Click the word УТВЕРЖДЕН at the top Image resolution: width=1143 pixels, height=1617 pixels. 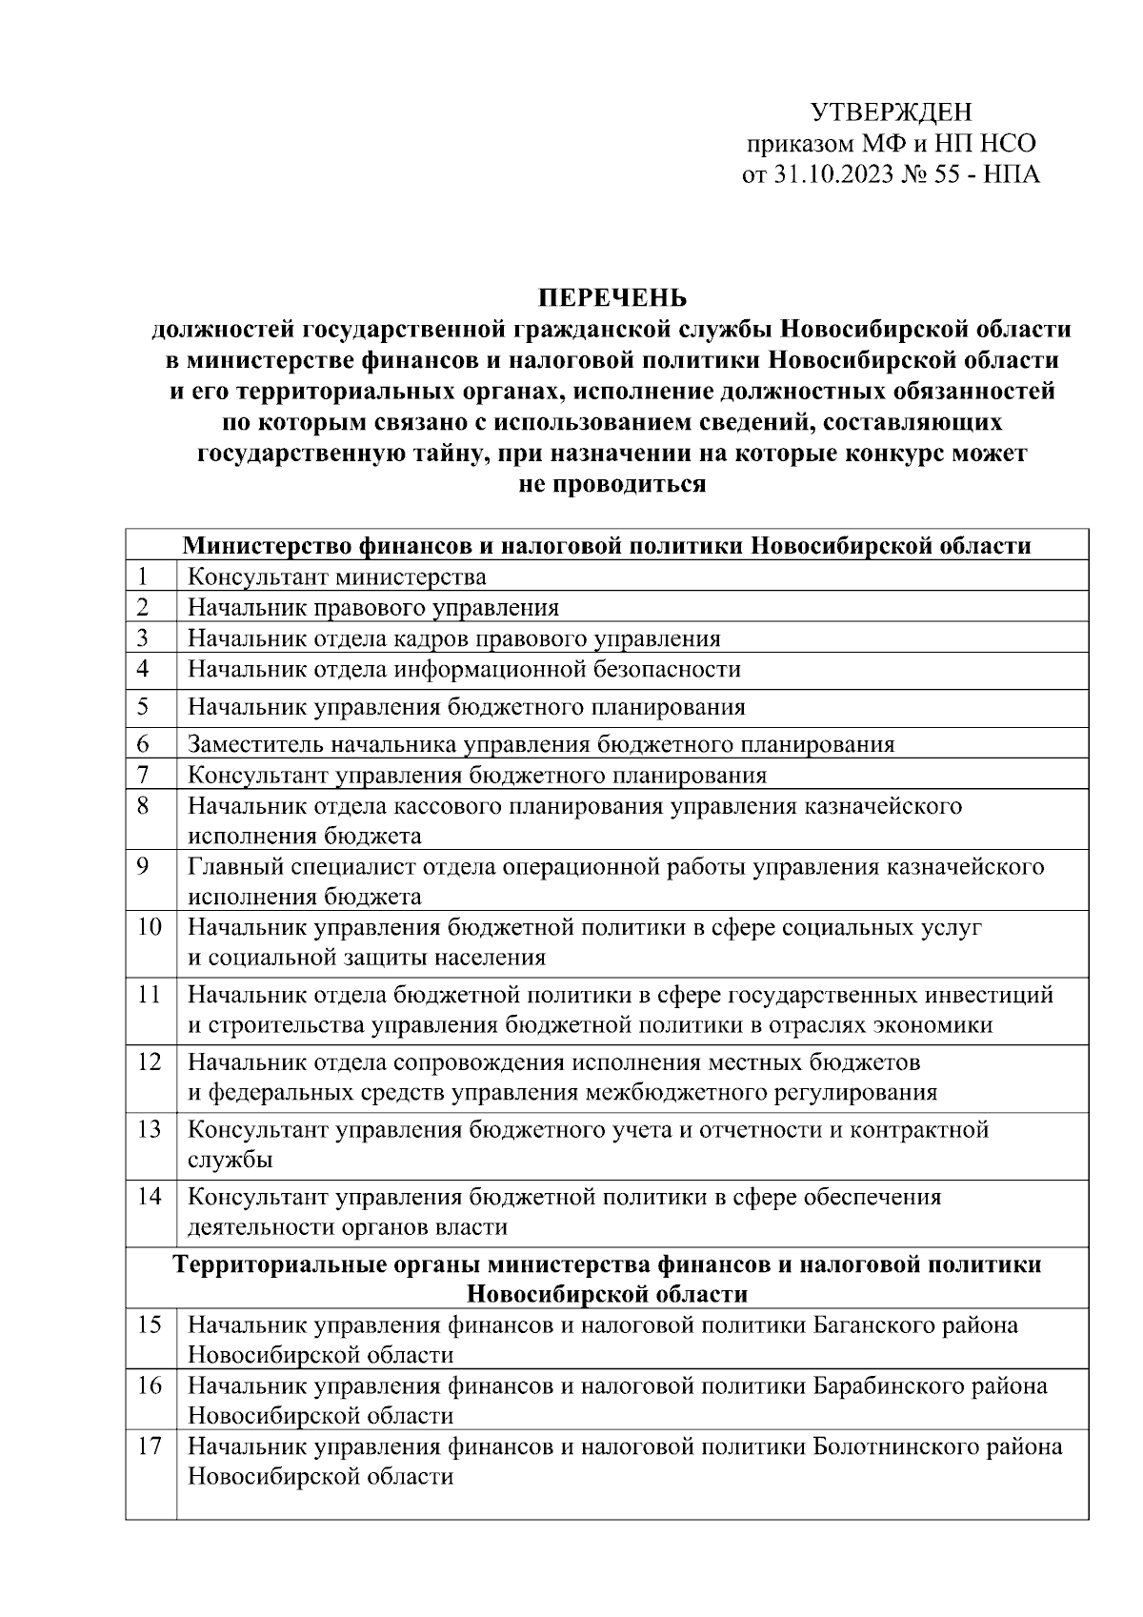892,112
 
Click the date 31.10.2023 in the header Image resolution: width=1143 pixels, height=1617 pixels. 832,175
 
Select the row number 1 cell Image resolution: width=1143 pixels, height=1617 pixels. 143,576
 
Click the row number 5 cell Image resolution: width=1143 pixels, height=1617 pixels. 143,706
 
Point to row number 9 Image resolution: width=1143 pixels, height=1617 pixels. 143,866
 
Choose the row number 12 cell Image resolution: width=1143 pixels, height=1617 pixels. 149,1061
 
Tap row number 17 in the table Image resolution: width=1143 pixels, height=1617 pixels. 149,1445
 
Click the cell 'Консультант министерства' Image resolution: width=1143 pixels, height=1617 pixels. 336,576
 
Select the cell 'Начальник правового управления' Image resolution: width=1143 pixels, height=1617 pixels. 373,607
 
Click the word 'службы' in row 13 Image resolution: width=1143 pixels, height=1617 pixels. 230,1160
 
